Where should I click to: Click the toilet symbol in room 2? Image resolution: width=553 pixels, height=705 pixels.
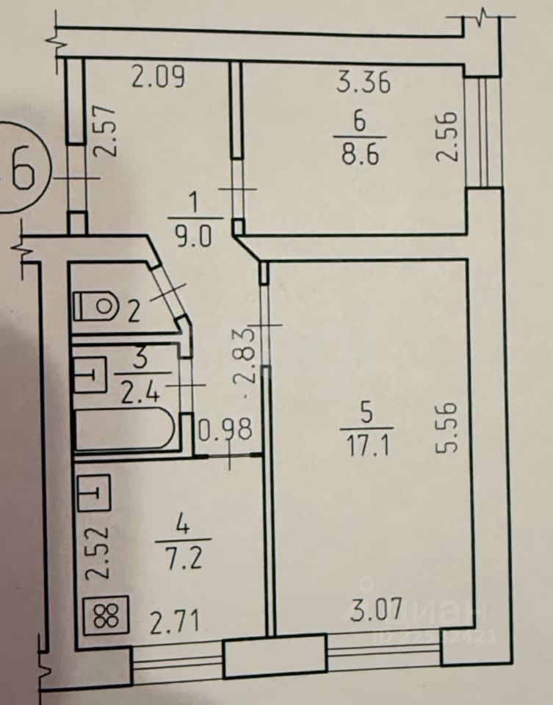coord(95,305)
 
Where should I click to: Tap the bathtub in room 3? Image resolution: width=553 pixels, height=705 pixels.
coord(125,429)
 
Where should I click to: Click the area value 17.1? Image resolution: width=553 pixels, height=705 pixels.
coord(367,447)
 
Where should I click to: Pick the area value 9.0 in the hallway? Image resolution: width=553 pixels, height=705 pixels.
coord(194,236)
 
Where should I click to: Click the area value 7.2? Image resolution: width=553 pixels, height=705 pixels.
coord(184,559)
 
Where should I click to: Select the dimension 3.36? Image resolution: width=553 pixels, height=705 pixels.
coord(364,84)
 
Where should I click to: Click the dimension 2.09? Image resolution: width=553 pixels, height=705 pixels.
coord(158,76)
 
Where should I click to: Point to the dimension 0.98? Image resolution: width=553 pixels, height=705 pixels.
coord(225,430)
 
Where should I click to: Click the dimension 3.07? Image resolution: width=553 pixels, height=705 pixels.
coord(376,609)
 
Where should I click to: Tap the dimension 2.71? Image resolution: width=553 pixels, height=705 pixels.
coord(174,623)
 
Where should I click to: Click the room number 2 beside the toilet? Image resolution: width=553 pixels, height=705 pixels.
coord(134,311)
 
